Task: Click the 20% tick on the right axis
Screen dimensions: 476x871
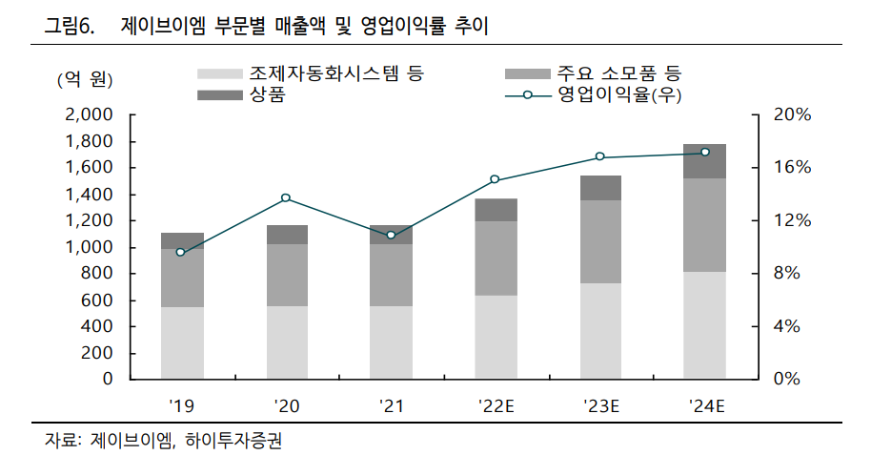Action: (792, 114)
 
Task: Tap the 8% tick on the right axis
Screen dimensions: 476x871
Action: (788, 274)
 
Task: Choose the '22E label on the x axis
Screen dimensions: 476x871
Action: (496, 406)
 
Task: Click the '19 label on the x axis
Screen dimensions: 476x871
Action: (182, 406)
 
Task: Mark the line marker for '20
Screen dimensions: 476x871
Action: (286, 197)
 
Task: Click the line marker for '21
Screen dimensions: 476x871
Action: (391, 235)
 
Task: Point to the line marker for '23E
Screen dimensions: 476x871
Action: (600, 156)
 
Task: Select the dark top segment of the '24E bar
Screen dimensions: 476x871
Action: (705, 161)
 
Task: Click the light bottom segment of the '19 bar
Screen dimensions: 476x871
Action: (182, 342)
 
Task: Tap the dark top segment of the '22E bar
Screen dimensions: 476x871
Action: (496, 210)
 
